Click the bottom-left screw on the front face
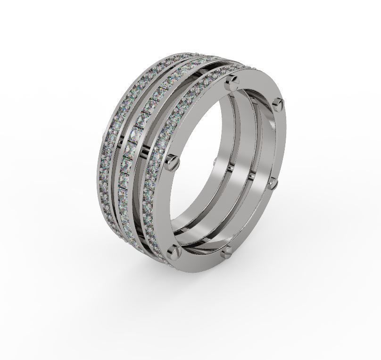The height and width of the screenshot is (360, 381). click(x=175, y=251)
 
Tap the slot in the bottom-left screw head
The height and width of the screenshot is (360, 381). click(x=175, y=251)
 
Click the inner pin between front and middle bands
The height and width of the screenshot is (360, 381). click(x=251, y=175)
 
